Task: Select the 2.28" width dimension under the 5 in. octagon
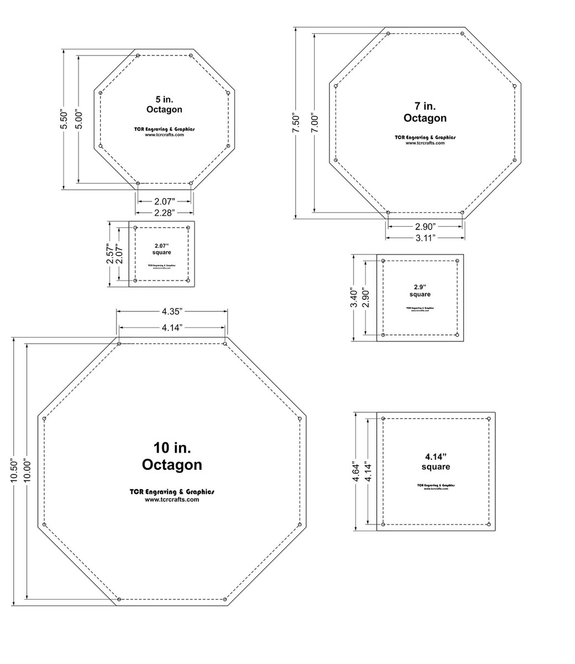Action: coord(165,212)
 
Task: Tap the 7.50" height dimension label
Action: coord(296,123)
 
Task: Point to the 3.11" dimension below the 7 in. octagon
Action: coord(425,237)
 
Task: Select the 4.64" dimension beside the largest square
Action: coord(357,472)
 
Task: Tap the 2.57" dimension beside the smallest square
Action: coord(111,254)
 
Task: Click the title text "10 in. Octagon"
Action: coord(172,456)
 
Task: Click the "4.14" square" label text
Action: coord(436,461)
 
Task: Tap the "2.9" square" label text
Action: coord(421,290)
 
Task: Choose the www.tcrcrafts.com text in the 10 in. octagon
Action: coord(172,500)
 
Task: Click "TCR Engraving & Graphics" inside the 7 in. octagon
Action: coord(425,137)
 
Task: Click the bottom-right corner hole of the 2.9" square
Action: coord(457,335)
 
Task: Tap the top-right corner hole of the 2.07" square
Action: coord(189,227)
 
